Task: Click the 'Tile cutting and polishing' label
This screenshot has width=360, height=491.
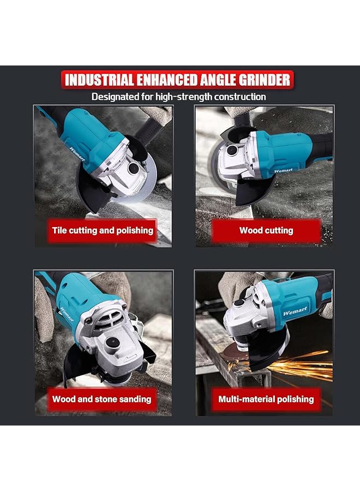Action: click(x=103, y=230)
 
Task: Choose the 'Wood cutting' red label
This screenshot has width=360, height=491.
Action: click(x=266, y=230)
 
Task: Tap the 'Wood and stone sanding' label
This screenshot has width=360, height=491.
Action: click(x=101, y=399)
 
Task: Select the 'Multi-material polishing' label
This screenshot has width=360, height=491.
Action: click(x=266, y=399)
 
